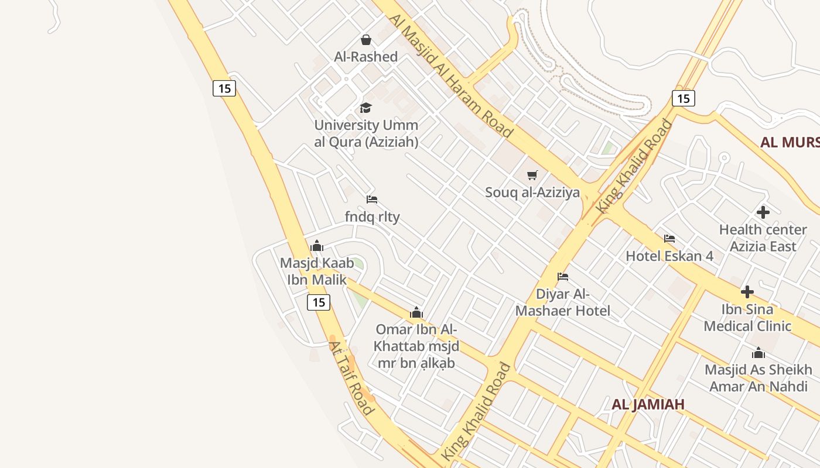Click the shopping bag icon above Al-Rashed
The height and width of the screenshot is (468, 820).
point(366,40)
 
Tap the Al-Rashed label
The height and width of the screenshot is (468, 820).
point(366,57)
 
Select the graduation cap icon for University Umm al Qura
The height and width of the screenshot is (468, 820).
point(366,108)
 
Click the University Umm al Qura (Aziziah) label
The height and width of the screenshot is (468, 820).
point(366,133)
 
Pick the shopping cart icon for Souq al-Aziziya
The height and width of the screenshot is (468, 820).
point(532,175)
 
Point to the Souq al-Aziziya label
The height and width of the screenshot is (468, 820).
point(532,192)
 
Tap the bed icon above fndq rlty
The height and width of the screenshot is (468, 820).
point(372,199)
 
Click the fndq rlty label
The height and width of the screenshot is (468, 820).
point(372,217)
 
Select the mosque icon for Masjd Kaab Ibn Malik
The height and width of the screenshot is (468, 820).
point(317,246)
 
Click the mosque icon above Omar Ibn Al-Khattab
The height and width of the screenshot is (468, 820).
point(416,312)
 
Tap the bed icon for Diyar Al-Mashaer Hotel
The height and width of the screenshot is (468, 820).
point(563,276)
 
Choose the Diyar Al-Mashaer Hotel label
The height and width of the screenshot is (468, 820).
point(563,302)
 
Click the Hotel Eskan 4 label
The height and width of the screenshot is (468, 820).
point(669,256)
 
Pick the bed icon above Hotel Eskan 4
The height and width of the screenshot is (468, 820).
point(669,239)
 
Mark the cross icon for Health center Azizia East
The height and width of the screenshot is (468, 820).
point(763,212)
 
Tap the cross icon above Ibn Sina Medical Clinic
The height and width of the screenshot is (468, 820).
point(747,292)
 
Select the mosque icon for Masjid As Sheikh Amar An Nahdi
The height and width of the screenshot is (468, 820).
point(758,353)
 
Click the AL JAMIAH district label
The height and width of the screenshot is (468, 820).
point(648,404)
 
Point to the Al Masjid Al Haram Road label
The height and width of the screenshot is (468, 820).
point(450,76)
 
